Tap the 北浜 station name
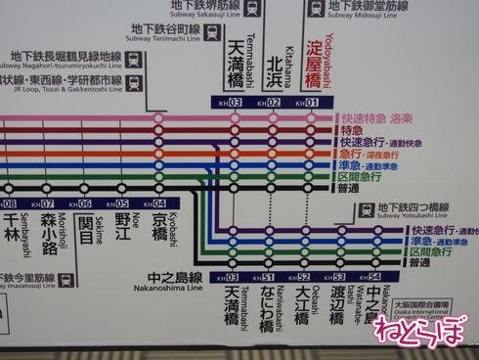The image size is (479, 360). coord(276,72)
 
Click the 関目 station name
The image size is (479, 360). coord(85,232)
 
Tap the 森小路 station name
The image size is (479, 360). coord(47,233)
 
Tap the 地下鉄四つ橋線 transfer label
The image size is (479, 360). coord(412,208)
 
